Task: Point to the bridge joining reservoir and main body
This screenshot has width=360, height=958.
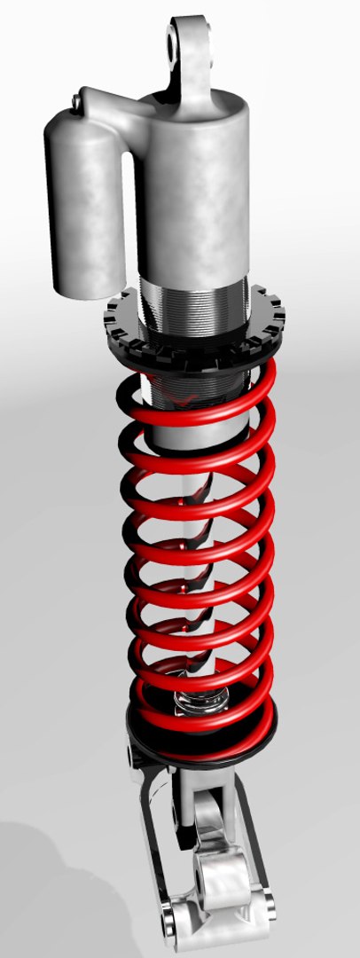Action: pos(124,111)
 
